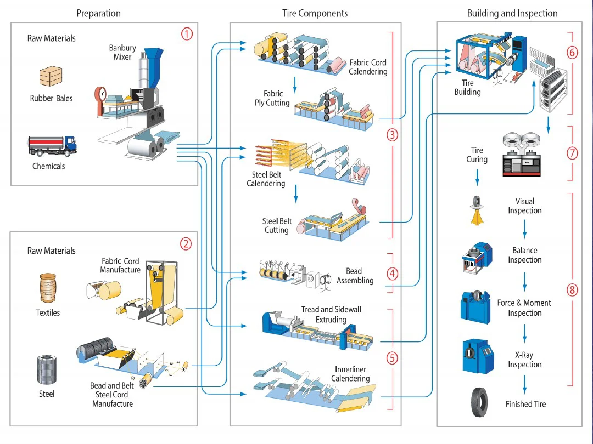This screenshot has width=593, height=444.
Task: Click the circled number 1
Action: [x=187, y=34]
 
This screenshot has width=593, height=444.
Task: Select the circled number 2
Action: [x=186, y=244]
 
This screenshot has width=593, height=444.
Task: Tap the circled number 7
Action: [x=572, y=153]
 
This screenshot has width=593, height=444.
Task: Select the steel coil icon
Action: [x=47, y=370]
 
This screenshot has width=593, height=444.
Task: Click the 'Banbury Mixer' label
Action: [x=122, y=53]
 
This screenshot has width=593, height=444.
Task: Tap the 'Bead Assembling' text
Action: [x=355, y=276]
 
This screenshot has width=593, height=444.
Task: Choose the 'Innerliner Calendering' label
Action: [x=350, y=374]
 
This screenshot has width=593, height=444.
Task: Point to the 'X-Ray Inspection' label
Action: [x=524, y=360]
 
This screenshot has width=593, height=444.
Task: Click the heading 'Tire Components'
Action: [x=315, y=13]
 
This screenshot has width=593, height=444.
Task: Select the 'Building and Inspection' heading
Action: [x=512, y=13]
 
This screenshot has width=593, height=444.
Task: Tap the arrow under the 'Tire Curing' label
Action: [x=477, y=177]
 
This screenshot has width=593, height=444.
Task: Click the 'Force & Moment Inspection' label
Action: [x=524, y=308]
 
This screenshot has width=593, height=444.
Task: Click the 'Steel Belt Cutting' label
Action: [x=277, y=226]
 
